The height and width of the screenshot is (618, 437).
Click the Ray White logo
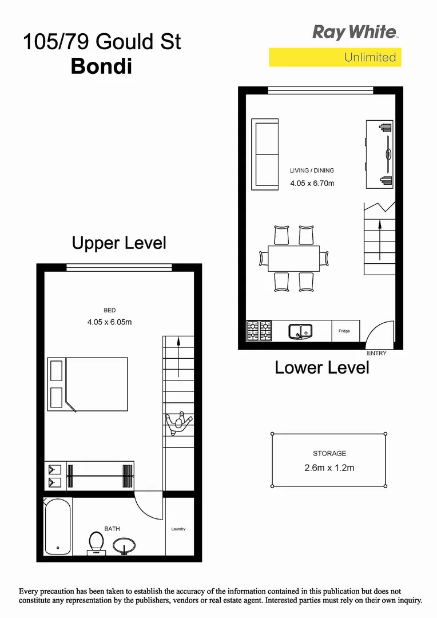pos(355,32)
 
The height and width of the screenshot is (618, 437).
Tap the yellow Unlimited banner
pos(335,57)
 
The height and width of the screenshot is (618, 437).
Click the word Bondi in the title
pos(101,66)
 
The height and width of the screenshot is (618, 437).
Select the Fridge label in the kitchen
pos(344,331)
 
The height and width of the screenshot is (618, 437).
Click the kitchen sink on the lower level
pos(300,331)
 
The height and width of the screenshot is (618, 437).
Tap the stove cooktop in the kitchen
pos(259,331)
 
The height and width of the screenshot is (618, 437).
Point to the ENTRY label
pos(376,354)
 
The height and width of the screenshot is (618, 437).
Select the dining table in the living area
pos(293,259)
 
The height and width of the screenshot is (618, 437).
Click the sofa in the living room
pos(265,154)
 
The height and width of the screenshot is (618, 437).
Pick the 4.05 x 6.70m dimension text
pos(312,184)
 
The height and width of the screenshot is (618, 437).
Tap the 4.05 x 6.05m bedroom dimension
pos(109,322)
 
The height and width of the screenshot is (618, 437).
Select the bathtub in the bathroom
pos(57,527)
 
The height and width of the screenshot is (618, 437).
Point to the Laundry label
pos(178,529)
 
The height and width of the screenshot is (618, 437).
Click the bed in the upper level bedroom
pos(95,385)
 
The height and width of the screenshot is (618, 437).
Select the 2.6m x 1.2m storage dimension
pos(329,468)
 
